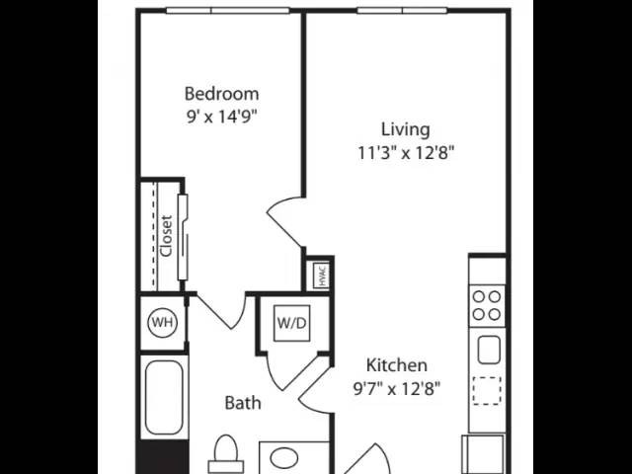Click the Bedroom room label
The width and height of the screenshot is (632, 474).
click(221, 94)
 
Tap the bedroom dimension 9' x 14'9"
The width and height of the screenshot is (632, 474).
click(221, 117)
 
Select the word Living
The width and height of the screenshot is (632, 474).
click(406, 129)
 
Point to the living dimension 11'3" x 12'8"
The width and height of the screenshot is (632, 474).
click(406, 153)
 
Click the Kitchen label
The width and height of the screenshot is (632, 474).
click(397, 365)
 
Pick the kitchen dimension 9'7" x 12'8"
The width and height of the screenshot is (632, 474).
click(397, 389)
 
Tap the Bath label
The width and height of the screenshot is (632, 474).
click(243, 403)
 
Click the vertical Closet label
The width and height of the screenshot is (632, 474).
click(166, 236)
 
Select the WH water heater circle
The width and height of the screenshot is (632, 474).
click(162, 323)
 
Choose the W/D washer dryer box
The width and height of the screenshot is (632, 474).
click(292, 323)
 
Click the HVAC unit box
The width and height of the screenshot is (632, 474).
click(321, 275)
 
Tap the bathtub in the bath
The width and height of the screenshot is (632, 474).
click(164, 398)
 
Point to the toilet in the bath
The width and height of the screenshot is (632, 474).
click(226, 454)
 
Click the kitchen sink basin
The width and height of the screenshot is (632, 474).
click(489, 350)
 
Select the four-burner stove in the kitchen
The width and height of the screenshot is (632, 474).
click(487, 305)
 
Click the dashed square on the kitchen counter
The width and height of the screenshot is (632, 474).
click(487, 391)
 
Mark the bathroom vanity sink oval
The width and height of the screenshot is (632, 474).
click(283, 458)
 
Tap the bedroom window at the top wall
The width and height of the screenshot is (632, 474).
click(228, 11)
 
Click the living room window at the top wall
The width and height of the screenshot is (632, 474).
click(402, 11)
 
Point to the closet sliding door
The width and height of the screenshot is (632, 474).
click(183, 237)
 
